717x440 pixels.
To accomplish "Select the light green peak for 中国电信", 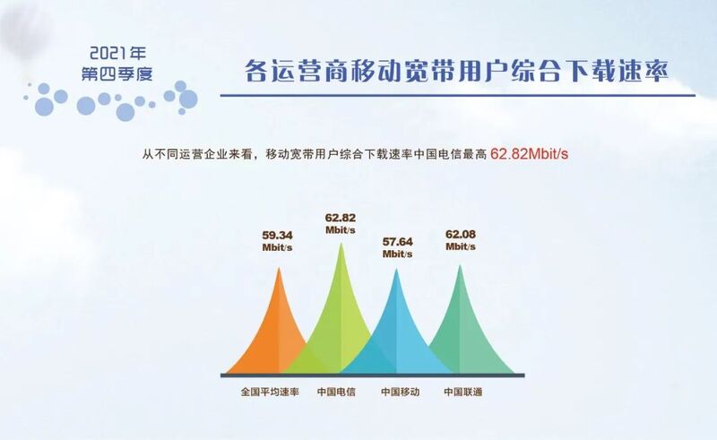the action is [x=341, y=320].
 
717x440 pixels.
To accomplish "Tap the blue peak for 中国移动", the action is [x=396, y=334].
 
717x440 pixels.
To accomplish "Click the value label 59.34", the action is [x=277, y=236].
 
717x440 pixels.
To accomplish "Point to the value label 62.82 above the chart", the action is [x=341, y=218].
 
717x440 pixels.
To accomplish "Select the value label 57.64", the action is [x=397, y=241].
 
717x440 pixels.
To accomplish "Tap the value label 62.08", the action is [x=461, y=235].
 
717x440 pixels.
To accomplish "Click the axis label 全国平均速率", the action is [x=270, y=392].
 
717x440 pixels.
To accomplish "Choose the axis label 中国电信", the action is [x=336, y=392].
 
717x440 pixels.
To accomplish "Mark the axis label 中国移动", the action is [x=400, y=392].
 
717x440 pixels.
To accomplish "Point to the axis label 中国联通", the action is [x=462, y=392].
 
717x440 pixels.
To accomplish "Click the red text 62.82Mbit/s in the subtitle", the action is [x=529, y=153].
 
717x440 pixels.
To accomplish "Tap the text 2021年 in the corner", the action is [x=118, y=54].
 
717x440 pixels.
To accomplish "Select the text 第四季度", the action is [x=117, y=73].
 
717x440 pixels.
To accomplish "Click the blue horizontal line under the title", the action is [x=458, y=96].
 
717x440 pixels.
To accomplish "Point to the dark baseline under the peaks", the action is [x=372, y=375].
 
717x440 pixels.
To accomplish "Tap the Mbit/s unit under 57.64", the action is [x=397, y=254].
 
